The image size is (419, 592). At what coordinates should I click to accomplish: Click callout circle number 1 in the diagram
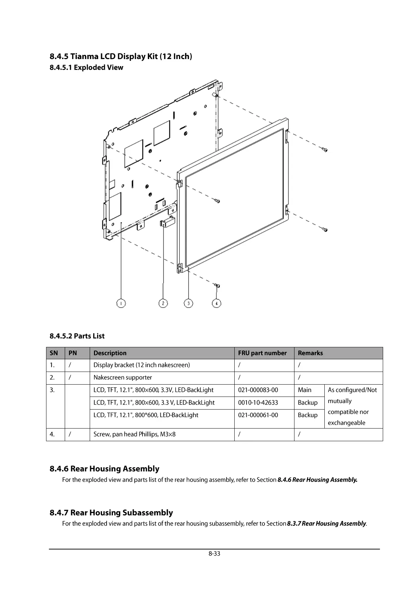(x=121, y=303)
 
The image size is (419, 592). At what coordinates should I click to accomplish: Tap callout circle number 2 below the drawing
(x=163, y=303)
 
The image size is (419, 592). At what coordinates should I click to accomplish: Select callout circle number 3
(x=189, y=303)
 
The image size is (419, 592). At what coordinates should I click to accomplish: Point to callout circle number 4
(x=217, y=303)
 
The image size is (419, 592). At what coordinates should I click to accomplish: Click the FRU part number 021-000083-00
(x=258, y=390)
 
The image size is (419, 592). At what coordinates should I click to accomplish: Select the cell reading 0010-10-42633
(x=258, y=403)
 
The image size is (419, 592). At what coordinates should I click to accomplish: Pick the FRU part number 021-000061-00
(x=258, y=415)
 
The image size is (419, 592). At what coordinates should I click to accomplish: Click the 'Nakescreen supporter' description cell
(x=123, y=378)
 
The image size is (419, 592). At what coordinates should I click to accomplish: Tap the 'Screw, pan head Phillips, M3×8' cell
(x=134, y=435)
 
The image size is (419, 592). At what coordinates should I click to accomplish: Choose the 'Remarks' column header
(x=310, y=353)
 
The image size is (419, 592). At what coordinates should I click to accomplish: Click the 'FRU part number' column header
(x=262, y=353)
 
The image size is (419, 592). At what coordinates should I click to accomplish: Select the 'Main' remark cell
(x=305, y=390)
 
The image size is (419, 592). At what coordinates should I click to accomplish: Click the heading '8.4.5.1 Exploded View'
(x=87, y=67)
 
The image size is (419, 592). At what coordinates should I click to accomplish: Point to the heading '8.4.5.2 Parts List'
(x=77, y=336)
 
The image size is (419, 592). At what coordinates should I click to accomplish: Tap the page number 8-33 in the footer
(x=214, y=554)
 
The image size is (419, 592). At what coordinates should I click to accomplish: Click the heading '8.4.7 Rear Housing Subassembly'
(x=111, y=513)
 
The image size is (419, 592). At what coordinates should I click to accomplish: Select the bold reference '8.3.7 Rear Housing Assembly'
(x=326, y=524)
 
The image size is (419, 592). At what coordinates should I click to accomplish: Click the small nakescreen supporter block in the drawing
(x=168, y=222)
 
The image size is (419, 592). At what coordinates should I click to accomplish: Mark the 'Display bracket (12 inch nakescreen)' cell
(x=141, y=365)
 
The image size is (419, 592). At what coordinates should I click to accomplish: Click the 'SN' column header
(x=54, y=353)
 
